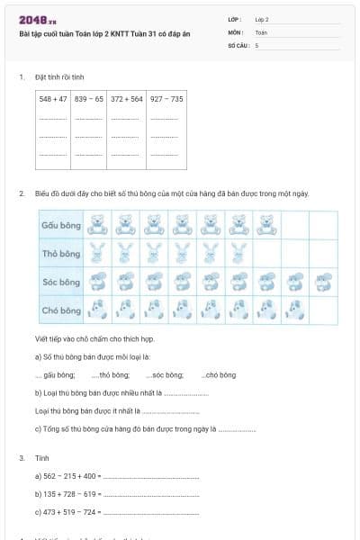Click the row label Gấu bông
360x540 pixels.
[x=60, y=224]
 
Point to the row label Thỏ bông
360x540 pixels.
[x=60, y=253]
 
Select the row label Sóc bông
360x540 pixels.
[x=60, y=282]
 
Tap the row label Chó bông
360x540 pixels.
[x=60, y=310]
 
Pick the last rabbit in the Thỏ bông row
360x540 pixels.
[x=238, y=253]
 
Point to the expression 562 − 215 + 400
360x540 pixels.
[x=67, y=476]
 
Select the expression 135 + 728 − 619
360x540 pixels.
[x=67, y=494]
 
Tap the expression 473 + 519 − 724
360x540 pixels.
[x=67, y=512]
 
